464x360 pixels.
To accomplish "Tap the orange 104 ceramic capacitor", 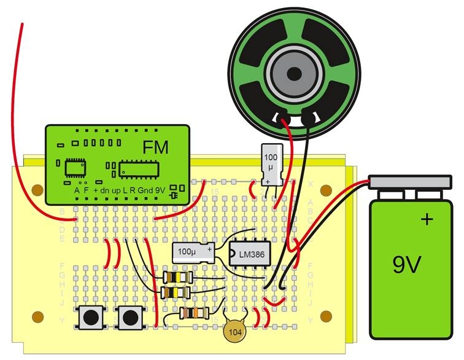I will click(x=234, y=331).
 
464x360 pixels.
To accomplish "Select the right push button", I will click(x=130, y=317).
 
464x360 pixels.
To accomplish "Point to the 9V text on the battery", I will click(x=408, y=265).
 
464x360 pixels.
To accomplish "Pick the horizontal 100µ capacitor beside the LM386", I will click(x=193, y=251).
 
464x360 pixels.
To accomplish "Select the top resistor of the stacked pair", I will click(x=176, y=278).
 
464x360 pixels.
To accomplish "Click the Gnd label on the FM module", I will click(x=146, y=190).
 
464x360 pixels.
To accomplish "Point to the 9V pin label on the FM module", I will click(x=160, y=190).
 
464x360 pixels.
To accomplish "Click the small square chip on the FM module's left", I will click(x=75, y=166).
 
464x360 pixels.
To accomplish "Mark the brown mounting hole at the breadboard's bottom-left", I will click(x=39, y=317).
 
